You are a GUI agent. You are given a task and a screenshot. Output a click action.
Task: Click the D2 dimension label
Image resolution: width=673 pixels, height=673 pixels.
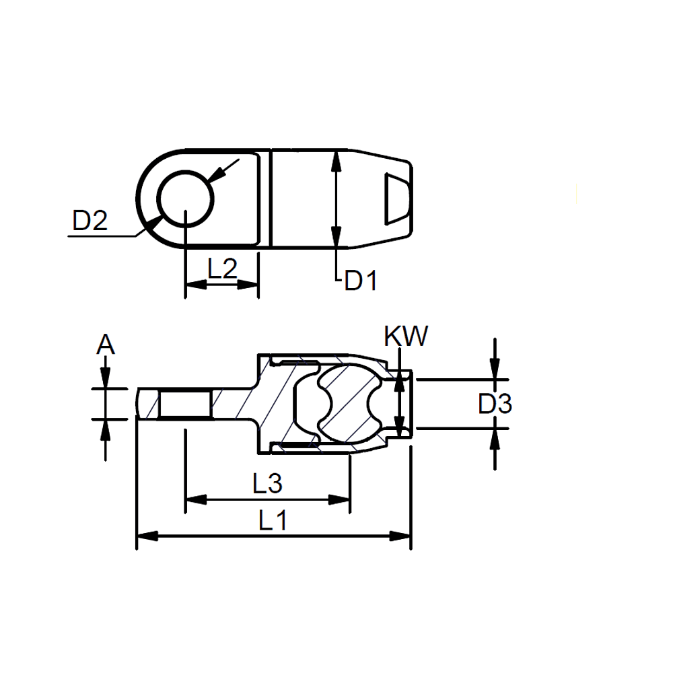coord(90,221)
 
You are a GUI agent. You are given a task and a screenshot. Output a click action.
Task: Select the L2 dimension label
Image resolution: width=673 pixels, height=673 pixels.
coord(222,269)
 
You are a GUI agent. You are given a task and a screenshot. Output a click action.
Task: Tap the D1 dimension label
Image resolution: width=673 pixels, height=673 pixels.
coord(361,281)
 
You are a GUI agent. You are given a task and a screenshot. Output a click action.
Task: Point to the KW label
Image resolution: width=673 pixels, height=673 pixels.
coord(406,336)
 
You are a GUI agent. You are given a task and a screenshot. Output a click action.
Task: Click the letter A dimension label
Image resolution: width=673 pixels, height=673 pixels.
coord(106,344)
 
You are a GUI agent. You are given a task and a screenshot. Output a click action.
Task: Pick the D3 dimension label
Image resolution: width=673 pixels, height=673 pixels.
coord(495,404)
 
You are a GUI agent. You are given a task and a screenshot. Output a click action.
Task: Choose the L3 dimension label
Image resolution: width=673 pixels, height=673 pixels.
coord(267,483)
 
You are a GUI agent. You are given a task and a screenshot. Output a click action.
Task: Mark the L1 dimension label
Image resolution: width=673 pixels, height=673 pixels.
coord(273,520)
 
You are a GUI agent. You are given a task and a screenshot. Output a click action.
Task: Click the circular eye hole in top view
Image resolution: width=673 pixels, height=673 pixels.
coord(186,199)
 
